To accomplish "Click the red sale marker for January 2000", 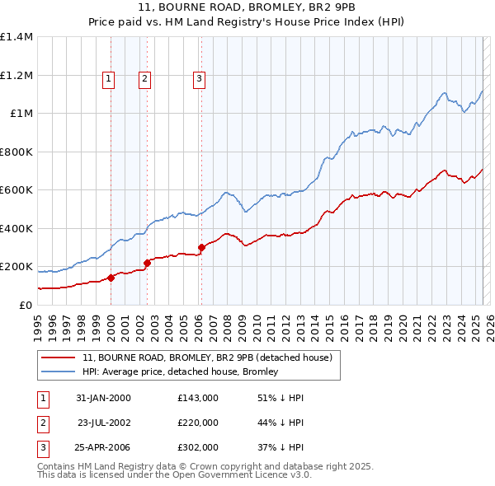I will (x=111, y=278).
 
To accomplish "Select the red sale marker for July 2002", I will (x=147, y=263).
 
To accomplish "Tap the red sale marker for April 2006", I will (x=201, y=247).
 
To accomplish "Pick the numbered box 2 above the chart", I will (x=144, y=79).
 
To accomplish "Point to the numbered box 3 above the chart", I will (x=199, y=79).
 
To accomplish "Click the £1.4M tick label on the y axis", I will (x=16, y=37).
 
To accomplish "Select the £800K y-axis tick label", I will (x=16, y=152).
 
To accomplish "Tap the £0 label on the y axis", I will (x=25, y=305).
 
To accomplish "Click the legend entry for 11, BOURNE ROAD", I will (x=207, y=357).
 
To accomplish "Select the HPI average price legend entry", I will (x=180, y=372).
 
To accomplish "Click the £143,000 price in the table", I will (x=197, y=398).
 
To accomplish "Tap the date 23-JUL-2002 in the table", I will (x=104, y=423).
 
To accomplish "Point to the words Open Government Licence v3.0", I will (x=243, y=475).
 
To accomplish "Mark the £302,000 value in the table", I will (x=197, y=447).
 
